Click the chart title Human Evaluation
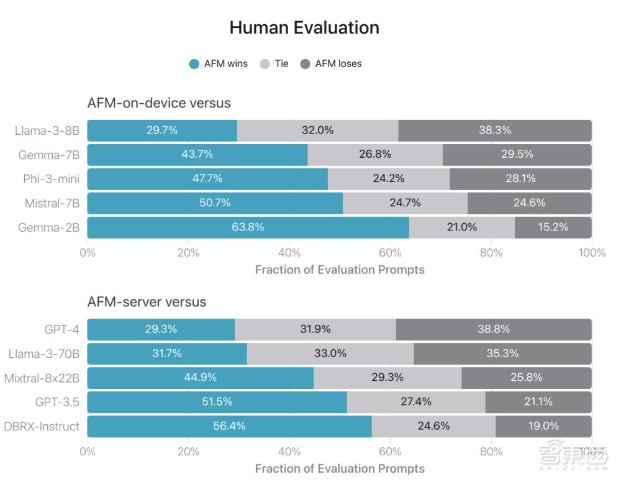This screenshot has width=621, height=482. click(x=304, y=28)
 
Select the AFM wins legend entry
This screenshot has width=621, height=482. click(x=219, y=63)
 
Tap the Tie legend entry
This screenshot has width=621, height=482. click(x=274, y=63)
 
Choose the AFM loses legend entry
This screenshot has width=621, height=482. click(x=331, y=63)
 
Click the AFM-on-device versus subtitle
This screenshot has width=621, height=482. click(x=159, y=103)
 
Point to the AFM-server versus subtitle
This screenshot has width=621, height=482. click(x=147, y=302)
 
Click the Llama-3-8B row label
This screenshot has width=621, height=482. click(x=48, y=130)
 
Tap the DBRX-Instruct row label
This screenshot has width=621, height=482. click(x=42, y=426)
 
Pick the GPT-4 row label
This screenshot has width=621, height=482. click(x=62, y=329)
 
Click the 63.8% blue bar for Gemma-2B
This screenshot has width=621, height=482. click(x=248, y=227)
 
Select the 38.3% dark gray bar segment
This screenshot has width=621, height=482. click(x=495, y=130)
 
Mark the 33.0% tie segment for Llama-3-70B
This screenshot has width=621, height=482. click(x=330, y=353)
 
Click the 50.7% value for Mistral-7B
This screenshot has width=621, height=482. click(x=215, y=203)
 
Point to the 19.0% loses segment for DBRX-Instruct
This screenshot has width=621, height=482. click(x=543, y=426)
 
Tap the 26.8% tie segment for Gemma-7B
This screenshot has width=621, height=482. click(x=375, y=155)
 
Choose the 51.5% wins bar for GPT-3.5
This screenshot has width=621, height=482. click(x=217, y=402)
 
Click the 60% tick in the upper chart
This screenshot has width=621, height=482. click(x=390, y=253)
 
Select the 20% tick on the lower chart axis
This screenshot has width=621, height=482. click(x=188, y=452)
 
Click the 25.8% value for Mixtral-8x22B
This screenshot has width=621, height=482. click(x=526, y=378)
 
